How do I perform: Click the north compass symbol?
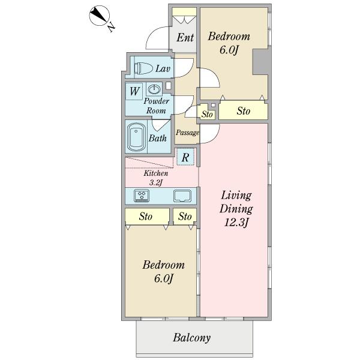[99, 16]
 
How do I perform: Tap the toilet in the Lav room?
[143, 68]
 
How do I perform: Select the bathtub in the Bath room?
[137, 137]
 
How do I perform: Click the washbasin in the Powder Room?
[154, 89]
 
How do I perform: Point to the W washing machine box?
[134, 91]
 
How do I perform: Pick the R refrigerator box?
[185, 157]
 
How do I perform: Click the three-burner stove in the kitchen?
[142, 196]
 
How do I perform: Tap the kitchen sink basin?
[182, 196]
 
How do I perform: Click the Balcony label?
[192, 337]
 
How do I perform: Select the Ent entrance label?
[185, 37]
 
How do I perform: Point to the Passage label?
[187, 133]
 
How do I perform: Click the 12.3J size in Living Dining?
[236, 223]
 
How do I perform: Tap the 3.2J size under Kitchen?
[156, 183]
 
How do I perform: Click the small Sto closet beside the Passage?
[206, 112]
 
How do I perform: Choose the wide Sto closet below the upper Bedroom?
[244, 110]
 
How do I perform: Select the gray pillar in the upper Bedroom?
[260, 62]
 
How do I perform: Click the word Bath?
[157, 138]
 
